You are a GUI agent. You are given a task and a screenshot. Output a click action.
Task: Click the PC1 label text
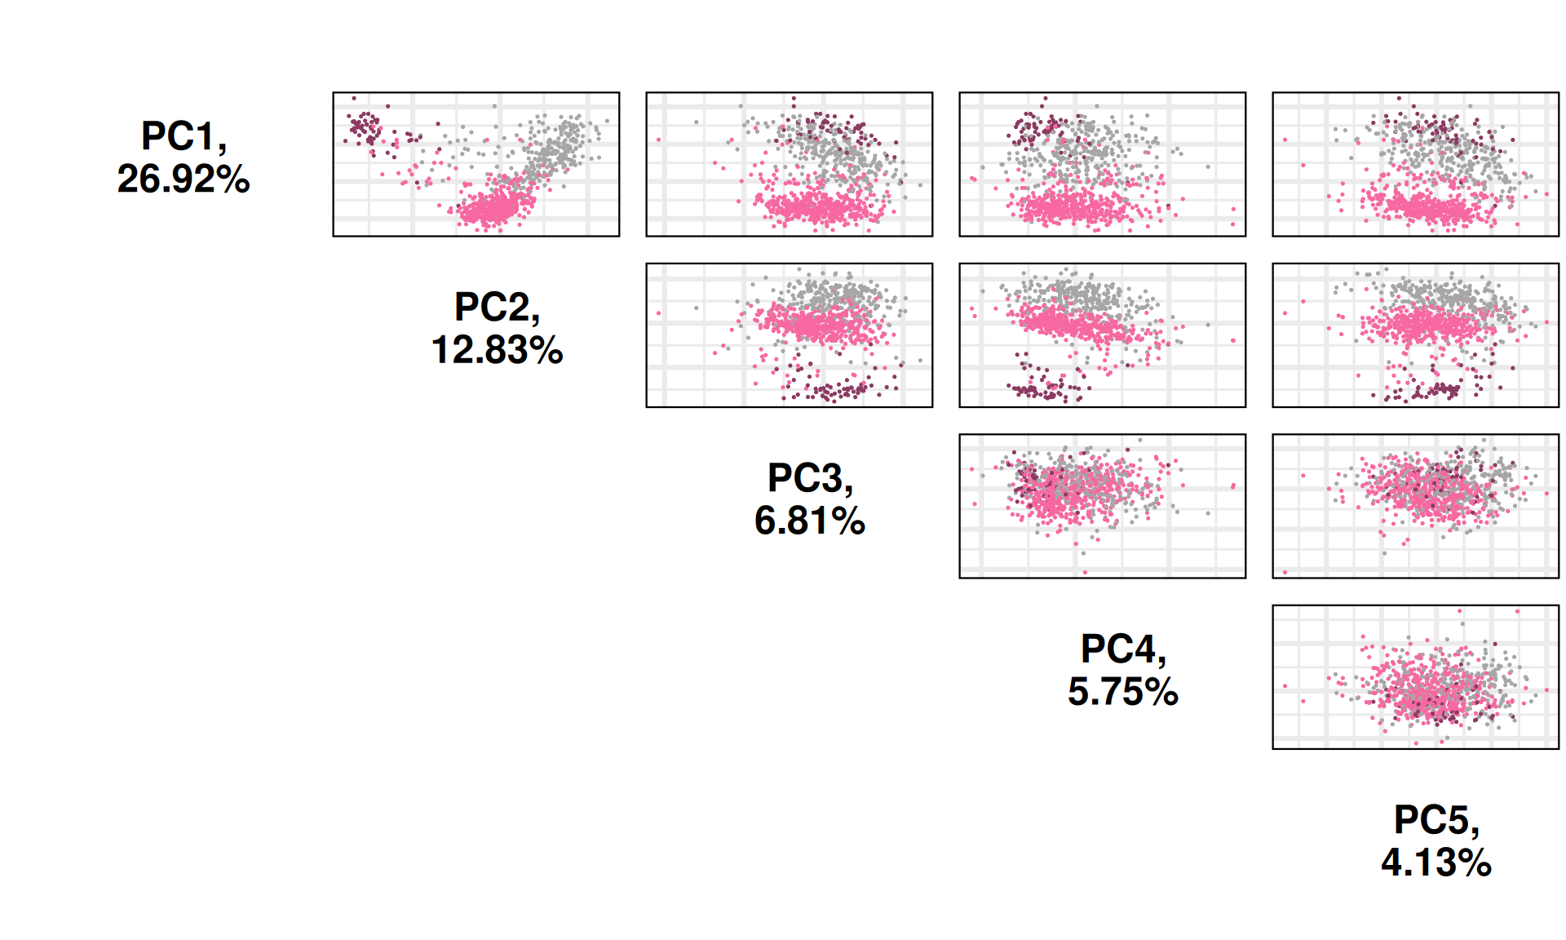pos(183,136)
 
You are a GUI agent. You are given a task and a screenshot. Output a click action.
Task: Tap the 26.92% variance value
pos(183,180)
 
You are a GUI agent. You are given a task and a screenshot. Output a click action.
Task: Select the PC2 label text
pos(496,308)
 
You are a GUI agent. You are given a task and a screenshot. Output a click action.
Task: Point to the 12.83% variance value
pos(496,351)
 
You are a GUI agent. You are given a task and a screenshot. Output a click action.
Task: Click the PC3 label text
pos(809,478)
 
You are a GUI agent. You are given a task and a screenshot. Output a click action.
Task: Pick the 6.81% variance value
pos(809,521)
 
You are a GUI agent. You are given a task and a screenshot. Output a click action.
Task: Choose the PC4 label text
pos(1122,650)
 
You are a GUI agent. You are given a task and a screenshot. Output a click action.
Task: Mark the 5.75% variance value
pos(1122,693)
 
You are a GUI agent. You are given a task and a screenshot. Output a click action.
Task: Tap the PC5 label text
pos(1435,820)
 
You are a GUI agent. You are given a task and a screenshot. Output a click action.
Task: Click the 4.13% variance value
pos(1435,863)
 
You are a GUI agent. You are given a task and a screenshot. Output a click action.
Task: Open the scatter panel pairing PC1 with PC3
pos(789,164)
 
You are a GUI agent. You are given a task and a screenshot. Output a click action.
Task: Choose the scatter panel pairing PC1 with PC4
pos(1102,164)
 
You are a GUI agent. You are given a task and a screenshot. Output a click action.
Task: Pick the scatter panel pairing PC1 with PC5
pos(1415,164)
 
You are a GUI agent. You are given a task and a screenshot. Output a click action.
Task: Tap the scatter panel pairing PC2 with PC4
pos(1102,335)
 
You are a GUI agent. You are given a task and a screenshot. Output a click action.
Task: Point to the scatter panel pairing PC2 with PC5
pos(1415,335)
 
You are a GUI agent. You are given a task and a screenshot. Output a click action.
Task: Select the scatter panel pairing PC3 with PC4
pos(1102,506)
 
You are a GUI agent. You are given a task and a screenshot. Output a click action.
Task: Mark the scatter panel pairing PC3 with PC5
pos(1415,506)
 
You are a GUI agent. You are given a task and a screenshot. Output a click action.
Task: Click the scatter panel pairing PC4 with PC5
pos(1415,676)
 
